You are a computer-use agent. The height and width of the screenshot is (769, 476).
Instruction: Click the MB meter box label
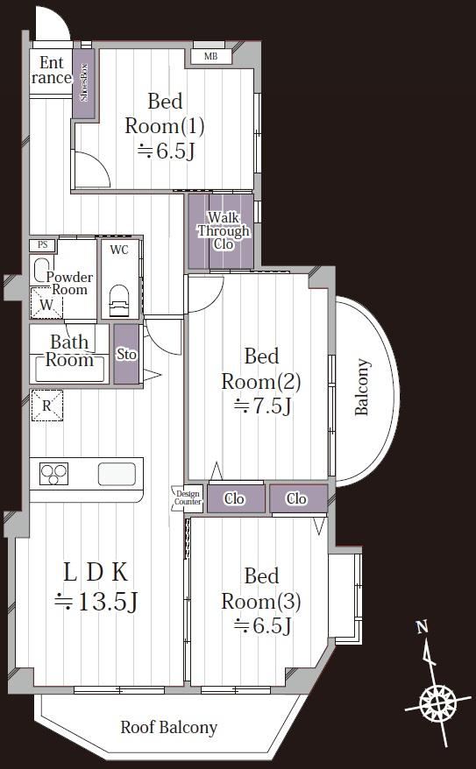210,57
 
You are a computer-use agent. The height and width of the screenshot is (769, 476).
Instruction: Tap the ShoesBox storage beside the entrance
83,82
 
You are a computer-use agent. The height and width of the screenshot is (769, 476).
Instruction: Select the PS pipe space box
43,244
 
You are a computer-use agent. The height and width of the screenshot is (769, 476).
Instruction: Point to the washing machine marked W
46,304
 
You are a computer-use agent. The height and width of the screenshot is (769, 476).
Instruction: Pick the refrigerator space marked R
46,406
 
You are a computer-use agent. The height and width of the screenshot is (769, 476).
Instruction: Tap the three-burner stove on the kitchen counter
53,474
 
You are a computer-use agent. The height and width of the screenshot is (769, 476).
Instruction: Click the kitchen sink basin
117,474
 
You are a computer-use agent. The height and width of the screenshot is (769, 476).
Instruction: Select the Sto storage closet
126,354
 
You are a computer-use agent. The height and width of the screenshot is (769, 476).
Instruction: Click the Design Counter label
188,497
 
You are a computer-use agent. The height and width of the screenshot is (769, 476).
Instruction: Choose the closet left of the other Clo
236,498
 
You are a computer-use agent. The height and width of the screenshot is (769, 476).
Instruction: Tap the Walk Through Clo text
224,230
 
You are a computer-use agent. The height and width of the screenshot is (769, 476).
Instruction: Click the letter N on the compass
422,627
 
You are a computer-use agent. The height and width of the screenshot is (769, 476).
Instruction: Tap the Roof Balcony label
169,727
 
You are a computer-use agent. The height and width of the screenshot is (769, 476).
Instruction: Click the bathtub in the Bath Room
69,369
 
